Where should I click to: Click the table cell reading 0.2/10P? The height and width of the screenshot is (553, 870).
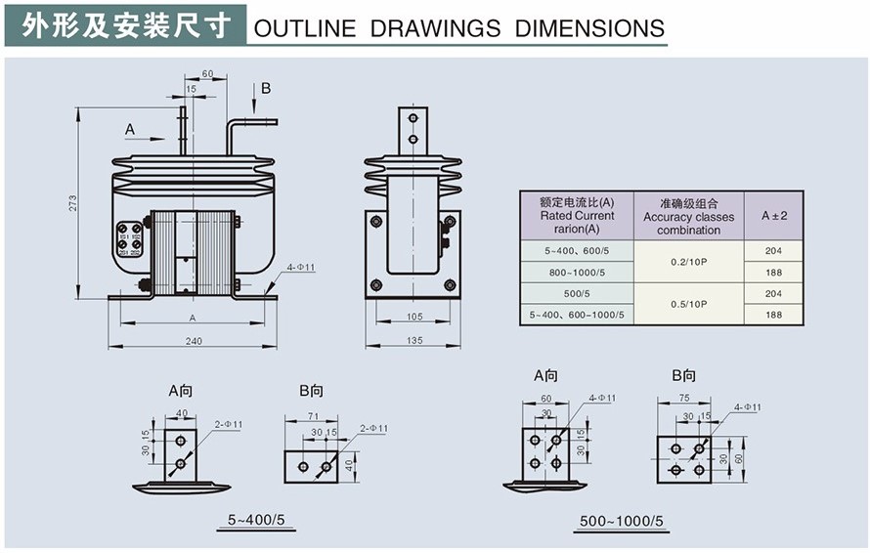point(688,260)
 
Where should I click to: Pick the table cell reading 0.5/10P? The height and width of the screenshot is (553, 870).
point(688,304)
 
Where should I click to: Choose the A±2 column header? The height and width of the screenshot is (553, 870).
point(773,215)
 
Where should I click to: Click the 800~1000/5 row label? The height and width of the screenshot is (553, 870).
point(577,271)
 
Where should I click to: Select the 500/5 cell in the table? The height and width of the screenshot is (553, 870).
point(577,292)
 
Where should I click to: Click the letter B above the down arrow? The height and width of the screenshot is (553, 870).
point(265,89)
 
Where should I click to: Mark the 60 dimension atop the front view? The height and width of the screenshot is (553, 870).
point(207,73)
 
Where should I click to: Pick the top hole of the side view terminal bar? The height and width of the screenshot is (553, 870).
point(413,118)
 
